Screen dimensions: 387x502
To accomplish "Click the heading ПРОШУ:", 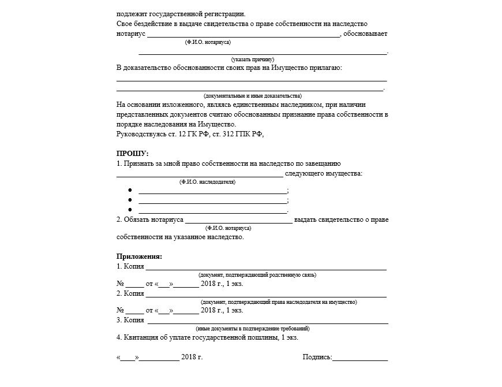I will [132, 154].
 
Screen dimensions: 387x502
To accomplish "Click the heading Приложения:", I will [139, 256].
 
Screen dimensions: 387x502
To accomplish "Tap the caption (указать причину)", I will [252, 59].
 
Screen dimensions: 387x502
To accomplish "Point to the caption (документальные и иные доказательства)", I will [252, 96].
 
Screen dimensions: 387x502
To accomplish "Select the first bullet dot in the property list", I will [130, 191].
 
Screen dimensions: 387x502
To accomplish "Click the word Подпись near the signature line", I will [317, 358].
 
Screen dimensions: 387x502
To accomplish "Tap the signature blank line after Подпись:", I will [360, 359].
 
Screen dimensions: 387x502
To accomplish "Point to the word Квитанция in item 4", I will [141, 338].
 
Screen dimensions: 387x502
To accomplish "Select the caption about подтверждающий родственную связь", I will [257, 275].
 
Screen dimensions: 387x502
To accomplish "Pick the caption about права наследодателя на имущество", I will [278, 302].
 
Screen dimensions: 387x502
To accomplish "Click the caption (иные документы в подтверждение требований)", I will [257, 329].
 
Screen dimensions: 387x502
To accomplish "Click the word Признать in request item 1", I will [140, 164].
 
